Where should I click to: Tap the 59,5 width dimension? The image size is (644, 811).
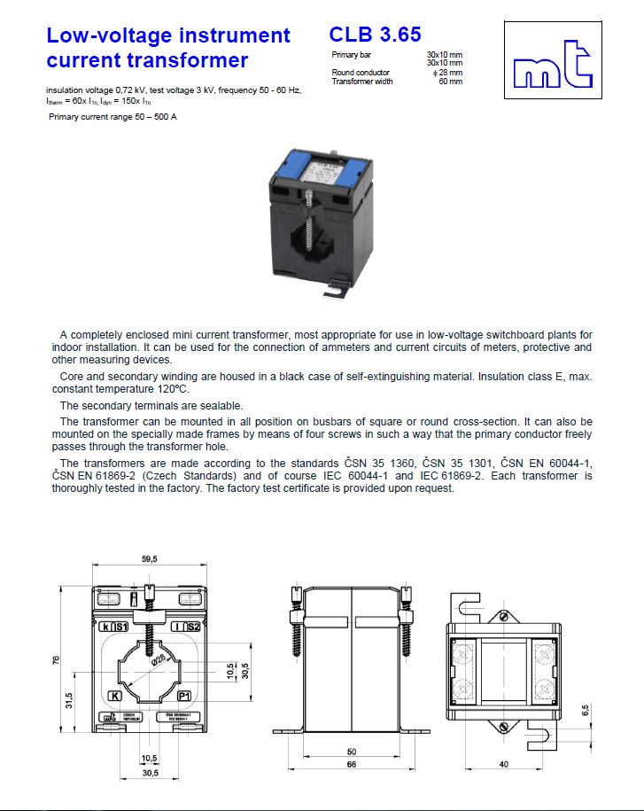[149, 559]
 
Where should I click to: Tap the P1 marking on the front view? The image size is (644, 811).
[185, 696]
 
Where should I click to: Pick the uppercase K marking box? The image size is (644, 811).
[114, 696]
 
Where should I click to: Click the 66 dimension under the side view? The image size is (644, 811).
[352, 763]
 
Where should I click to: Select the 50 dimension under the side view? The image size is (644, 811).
[352, 751]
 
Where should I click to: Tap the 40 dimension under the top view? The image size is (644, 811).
[504, 763]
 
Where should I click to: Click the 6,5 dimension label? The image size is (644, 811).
[585, 709]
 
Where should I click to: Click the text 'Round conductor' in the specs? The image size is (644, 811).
[361, 73]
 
